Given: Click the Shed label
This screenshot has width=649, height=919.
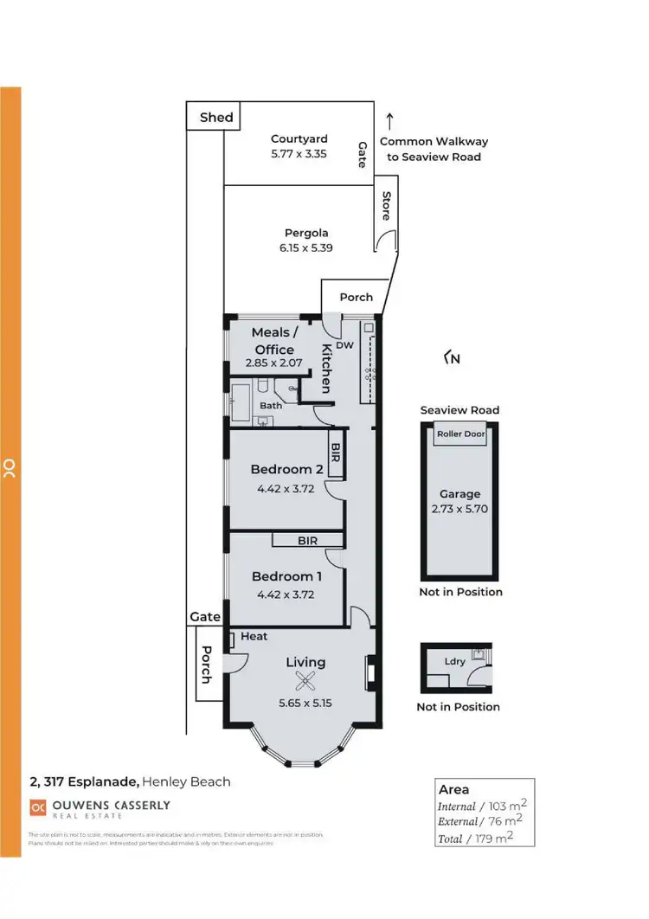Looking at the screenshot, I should tap(216, 117).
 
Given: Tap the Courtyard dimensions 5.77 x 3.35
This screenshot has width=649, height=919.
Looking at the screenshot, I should tap(299, 155).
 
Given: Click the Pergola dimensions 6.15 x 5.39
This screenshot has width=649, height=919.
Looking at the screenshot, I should tap(306, 247).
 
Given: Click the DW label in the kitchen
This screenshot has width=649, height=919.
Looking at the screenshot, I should tap(345, 344).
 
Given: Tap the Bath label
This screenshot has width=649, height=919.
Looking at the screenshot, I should tap(271, 405).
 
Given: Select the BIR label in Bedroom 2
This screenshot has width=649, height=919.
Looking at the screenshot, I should tap(336, 452).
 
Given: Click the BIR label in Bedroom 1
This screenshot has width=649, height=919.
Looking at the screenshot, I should tap(307, 541).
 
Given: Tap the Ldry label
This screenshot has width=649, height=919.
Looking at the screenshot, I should tap(455, 662).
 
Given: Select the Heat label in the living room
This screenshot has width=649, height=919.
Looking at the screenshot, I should tap(254, 636).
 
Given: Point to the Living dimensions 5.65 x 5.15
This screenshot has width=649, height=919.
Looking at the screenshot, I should tap(305, 703).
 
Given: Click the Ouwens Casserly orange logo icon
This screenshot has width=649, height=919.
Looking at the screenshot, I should tap(37, 807).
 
